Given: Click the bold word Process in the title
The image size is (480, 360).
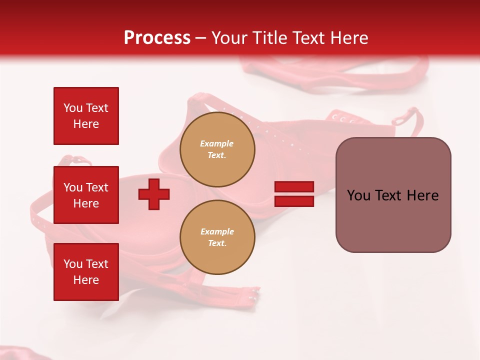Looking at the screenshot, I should point(157,38).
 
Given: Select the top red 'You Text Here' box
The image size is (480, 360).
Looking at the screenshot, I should point(86,116).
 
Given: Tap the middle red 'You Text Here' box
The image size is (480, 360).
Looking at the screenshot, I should point(86,195).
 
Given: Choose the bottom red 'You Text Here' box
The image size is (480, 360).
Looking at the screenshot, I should point(86,272).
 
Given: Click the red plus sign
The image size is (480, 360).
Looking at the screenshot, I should point(154,194).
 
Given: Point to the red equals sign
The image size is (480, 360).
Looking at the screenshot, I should point(294,194).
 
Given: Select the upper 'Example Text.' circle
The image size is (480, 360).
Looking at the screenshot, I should point(217,149).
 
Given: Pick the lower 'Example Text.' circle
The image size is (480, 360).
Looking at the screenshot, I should point(217,237).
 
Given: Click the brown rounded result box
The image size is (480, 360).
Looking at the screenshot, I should point(393,195).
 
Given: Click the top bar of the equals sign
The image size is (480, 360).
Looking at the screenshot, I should point(294,186).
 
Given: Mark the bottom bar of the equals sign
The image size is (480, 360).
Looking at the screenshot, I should point(294,201).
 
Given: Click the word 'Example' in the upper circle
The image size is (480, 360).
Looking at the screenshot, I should point(217,143).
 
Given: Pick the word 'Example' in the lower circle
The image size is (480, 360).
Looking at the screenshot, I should point(217,231).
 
